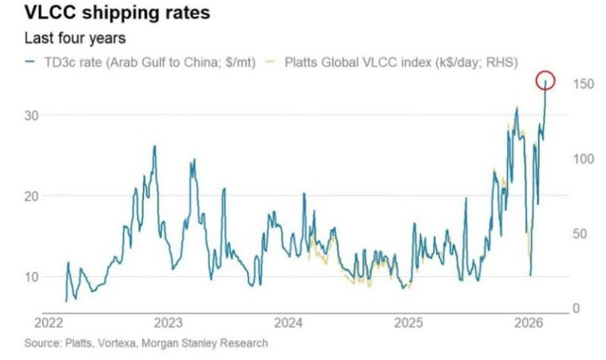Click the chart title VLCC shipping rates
pyautogui.click(x=117, y=13)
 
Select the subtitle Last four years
pyautogui.click(x=75, y=38)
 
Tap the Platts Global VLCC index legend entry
pyautogui.click(x=400, y=62)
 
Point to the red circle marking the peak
pyautogui.click(x=545, y=80)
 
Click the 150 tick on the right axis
pyautogui.click(x=583, y=84)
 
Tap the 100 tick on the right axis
pyautogui.click(x=583, y=159)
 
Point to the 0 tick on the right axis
pyautogui.click(x=576, y=309)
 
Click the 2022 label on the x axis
pyautogui.click(x=48, y=324)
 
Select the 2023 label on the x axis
pyautogui.click(x=169, y=324)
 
